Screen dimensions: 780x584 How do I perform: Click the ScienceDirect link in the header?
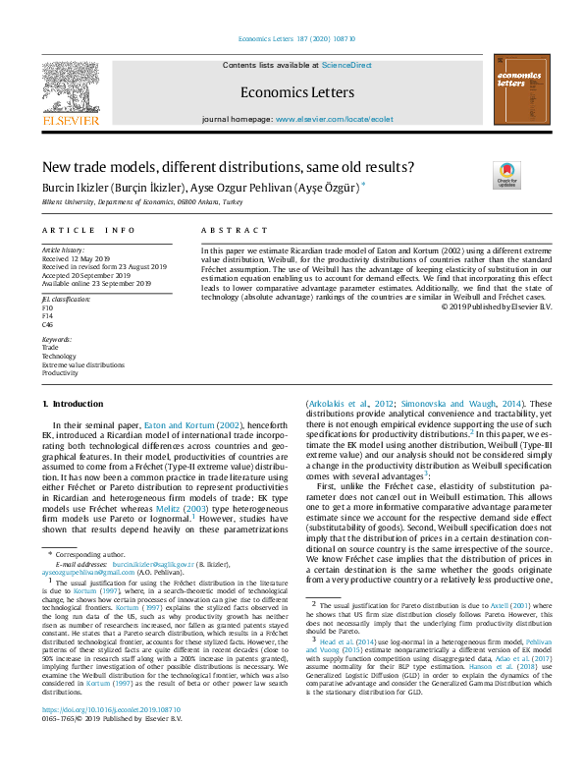346,64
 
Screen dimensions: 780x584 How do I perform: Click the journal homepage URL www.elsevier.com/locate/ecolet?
334,119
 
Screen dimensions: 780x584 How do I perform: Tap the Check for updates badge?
507,175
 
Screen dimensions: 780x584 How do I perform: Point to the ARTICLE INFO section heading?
88,230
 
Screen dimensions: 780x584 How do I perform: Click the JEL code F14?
48,315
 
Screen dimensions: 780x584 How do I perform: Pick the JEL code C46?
48,323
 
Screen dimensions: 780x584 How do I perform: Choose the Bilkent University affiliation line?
141,200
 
